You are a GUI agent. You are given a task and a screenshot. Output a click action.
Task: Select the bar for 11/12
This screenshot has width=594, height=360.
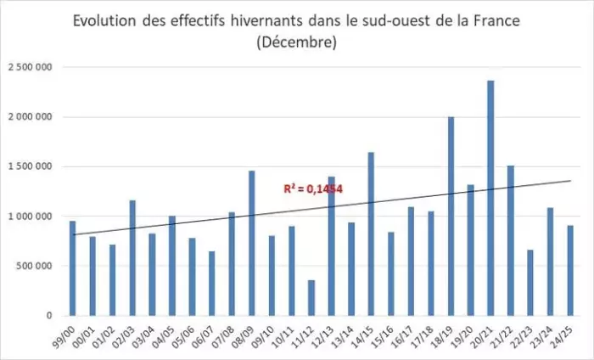(x=311, y=297)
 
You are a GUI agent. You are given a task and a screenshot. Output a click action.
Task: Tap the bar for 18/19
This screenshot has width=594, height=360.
(x=451, y=216)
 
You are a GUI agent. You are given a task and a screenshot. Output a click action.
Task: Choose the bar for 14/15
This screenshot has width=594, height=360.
(x=371, y=233)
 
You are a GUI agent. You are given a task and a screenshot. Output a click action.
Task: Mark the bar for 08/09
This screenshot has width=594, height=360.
(x=252, y=243)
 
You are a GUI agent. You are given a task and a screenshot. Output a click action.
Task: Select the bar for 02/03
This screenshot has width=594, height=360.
(x=132, y=257)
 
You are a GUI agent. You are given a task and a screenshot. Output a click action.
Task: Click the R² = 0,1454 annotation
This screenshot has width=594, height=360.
(x=313, y=188)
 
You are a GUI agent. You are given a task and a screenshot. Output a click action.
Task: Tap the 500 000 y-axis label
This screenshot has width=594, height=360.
(x=36, y=266)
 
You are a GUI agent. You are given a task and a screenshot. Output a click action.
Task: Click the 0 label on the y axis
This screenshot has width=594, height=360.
(x=50, y=315)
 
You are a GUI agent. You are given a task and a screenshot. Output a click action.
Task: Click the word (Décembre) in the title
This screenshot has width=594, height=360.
(x=296, y=41)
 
